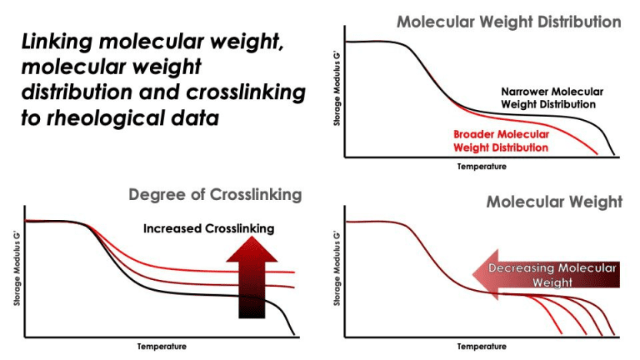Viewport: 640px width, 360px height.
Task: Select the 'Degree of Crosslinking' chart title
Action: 215,195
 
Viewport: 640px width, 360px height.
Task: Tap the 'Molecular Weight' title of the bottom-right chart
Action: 554,202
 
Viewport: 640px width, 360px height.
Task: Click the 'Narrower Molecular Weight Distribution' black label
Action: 552,97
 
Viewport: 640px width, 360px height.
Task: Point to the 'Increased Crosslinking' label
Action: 208,228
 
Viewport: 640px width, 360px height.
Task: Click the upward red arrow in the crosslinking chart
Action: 250,277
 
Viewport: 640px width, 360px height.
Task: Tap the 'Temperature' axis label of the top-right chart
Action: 481,166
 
